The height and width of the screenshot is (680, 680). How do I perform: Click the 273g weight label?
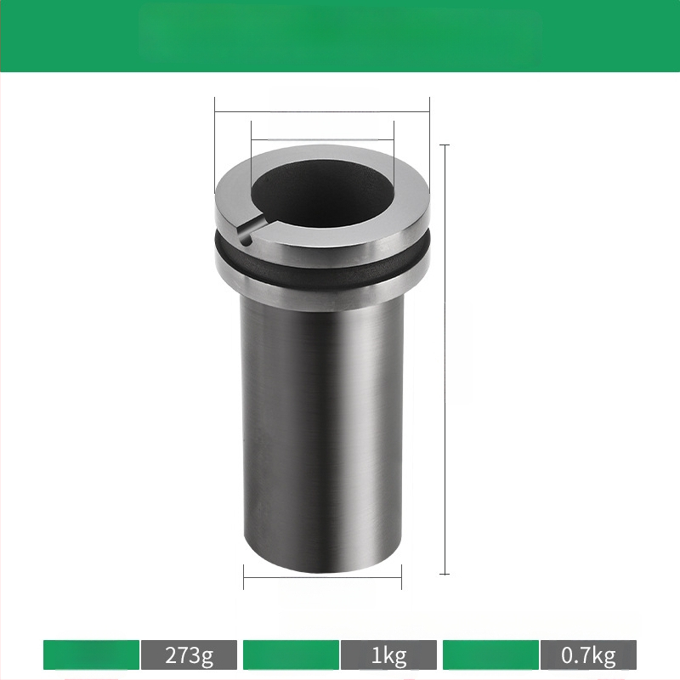coord(189,654)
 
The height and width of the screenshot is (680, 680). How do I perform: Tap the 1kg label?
coord(388,654)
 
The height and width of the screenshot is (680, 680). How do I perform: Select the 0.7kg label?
coord(588,654)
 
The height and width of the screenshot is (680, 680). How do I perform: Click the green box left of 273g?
coord(92,654)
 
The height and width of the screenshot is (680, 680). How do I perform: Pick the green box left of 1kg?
coord(291,654)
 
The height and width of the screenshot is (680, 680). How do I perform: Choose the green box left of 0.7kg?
coord(491,654)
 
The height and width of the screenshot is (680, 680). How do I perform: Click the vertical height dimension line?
coord(445,360)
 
